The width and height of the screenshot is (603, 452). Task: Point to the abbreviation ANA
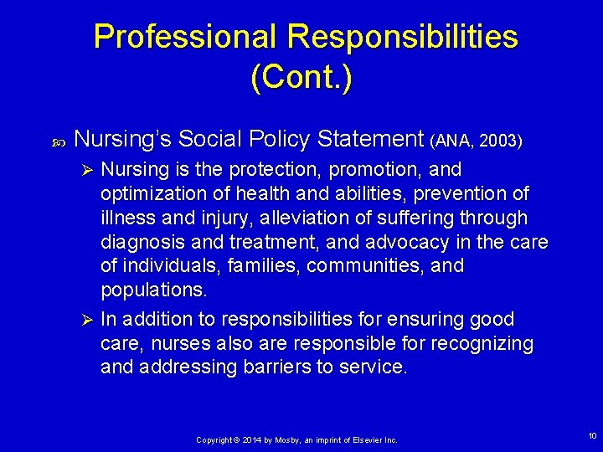pyautogui.click(x=452, y=141)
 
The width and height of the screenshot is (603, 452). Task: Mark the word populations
pyautogui.click(x=153, y=290)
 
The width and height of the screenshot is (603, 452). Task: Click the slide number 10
pyautogui.click(x=592, y=436)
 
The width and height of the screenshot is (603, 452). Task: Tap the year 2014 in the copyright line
pyautogui.click(x=249, y=439)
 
